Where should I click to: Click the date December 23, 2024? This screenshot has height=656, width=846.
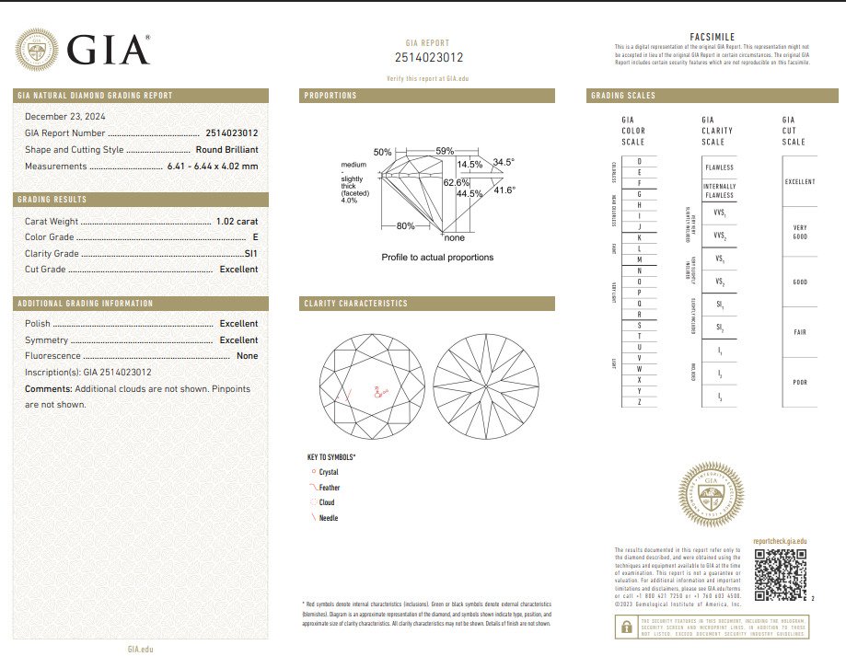[65, 116]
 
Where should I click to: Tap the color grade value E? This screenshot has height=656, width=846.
[255, 237]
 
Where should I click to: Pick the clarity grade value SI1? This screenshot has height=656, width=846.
[250, 253]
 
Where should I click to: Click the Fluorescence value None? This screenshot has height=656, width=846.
[247, 355]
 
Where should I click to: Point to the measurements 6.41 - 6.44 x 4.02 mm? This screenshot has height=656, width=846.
[212, 166]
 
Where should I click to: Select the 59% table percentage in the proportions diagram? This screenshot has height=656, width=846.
[446, 151]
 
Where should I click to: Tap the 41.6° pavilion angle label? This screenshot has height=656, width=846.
[504, 190]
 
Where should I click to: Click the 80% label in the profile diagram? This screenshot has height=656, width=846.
[406, 225]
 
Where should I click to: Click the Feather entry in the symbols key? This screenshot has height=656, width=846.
[329, 488]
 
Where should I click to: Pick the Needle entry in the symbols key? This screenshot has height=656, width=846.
[328, 518]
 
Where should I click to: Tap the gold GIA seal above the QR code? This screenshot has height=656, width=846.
[711, 495]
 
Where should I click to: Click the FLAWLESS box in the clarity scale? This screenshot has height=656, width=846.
[719, 167]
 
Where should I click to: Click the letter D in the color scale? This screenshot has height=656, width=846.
[639, 162]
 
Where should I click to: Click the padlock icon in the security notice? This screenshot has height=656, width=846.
[625, 627]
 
